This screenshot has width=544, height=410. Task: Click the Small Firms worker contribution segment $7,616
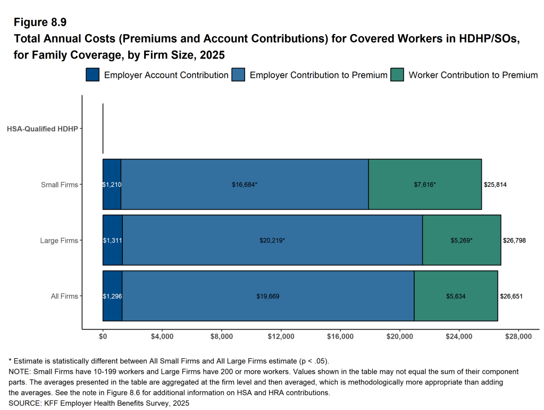425,184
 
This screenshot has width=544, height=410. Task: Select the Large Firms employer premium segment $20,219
272,240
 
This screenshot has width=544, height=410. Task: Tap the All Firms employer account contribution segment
112,296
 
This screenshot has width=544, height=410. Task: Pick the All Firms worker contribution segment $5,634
456,296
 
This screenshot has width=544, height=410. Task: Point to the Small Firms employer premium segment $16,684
245,184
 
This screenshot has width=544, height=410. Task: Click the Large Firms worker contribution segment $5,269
461,240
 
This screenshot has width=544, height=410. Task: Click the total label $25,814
495,185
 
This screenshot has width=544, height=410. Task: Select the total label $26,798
514,241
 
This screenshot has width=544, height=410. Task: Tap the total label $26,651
511,297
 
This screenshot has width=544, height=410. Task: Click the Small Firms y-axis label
60,185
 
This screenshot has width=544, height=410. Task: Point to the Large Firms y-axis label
59,241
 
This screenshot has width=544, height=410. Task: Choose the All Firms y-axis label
64,297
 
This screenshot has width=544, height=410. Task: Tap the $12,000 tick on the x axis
281,337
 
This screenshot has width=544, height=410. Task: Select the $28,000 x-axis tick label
518,337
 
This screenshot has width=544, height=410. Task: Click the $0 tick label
103,337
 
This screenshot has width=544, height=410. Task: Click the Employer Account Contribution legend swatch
93,75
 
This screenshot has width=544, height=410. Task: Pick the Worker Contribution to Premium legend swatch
397,75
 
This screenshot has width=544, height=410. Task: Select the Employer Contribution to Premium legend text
318,75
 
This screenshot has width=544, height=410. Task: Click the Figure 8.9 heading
40,22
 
